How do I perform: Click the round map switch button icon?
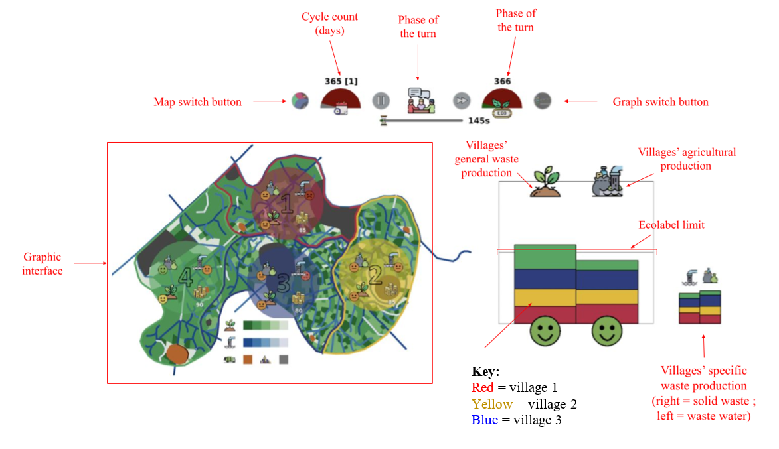point(300,101)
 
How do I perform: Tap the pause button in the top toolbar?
point(381,101)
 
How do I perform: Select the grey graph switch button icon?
point(543,101)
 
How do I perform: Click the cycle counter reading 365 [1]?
point(341,81)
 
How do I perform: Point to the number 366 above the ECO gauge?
point(502,81)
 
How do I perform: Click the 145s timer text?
point(479,121)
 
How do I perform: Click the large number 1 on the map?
point(286,203)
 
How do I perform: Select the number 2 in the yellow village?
point(374,273)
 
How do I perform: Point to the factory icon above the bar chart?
point(606,182)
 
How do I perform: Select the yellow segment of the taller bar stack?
point(545,297)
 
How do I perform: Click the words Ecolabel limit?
point(671,225)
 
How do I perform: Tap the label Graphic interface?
point(43,263)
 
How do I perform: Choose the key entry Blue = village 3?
point(516,420)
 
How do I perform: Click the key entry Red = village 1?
point(515,388)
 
